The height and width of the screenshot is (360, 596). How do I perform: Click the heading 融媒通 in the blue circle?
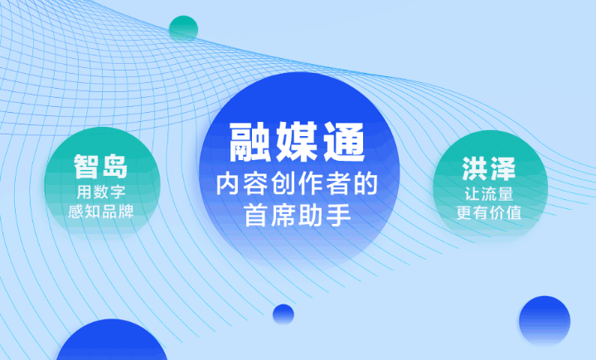tap(297, 142)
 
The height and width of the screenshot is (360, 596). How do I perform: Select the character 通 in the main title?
tap(344, 142)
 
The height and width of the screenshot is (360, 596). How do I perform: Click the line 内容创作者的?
tap(297, 184)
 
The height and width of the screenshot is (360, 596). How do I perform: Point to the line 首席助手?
tap(298, 215)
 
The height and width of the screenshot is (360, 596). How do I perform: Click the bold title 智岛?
tap(101, 166)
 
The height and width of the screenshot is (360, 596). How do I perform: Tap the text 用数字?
tap(101, 192)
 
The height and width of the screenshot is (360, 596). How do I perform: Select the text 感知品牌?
tap(101, 212)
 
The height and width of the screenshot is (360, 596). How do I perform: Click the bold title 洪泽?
tap(489, 168)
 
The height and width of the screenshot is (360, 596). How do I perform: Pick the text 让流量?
tap(489, 194)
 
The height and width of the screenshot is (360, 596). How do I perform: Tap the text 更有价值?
tap(489, 212)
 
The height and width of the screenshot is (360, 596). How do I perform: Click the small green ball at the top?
tap(183, 29)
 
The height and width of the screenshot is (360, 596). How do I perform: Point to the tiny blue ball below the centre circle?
tap(283, 314)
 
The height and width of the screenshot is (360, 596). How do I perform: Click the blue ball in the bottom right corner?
tap(545, 321)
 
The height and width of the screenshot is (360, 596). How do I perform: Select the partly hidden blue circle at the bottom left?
tap(112, 341)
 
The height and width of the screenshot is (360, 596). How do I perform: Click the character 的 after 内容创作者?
tap(366, 184)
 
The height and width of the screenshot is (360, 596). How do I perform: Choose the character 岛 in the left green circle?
tap(115, 166)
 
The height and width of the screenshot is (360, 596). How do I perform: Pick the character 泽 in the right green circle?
tap(502, 168)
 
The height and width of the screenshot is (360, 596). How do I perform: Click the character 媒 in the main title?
tap(297, 142)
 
